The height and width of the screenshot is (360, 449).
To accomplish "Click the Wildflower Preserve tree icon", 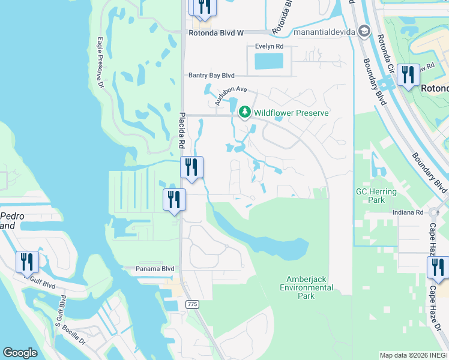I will [x=244, y=112].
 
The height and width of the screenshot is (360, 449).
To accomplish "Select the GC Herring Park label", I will [x=376, y=196].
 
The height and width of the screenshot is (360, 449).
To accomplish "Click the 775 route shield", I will [x=192, y=304].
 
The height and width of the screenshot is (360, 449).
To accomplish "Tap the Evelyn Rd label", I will [x=270, y=46].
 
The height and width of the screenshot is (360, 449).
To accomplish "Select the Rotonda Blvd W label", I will [x=215, y=34].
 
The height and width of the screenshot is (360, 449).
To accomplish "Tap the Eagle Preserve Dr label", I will [x=100, y=63].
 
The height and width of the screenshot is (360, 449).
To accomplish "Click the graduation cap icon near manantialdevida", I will [x=363, y=31].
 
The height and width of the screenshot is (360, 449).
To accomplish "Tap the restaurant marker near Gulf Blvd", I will [x=27, y=262].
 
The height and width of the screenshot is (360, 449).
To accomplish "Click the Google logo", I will [x=20, y=353].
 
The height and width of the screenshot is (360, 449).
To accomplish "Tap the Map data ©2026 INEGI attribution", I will [x=414, y=355].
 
